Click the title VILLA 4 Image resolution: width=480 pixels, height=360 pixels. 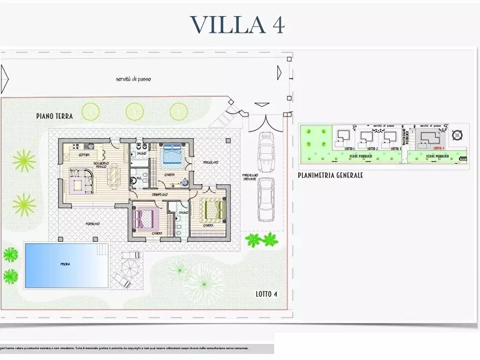[x=237, y=25]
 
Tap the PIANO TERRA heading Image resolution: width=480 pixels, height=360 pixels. [x=54, y=116]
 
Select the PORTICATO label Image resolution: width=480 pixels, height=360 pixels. [x=91, y=224]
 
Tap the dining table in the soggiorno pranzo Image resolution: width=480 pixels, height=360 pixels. [x=114, y=175]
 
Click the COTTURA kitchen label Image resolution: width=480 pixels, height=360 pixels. [x=84, y=155]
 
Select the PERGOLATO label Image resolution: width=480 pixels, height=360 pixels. [x=210, y=162]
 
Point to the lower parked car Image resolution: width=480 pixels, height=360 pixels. [x=266, y=199]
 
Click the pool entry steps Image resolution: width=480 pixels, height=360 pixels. [x=102, y=250]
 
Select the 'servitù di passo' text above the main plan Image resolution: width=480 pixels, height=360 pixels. [x=133, y=79]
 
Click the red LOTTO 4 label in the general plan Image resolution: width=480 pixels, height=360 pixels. [x=439, y=148]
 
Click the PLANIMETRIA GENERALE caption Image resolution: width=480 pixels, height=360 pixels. [x=330, y=175]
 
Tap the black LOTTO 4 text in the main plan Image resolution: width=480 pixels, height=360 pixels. [x=267, y=294]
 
